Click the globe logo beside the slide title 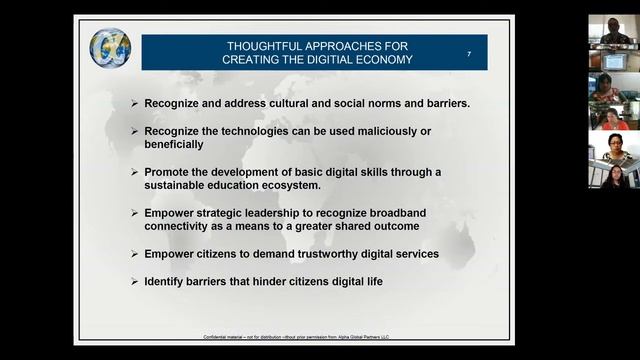pos(110,47)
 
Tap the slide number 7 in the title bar pos(469,53)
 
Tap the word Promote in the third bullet pos(169,172)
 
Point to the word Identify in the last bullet pos(167,282)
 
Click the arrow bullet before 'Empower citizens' pos(135,254)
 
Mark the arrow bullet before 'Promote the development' pos(135,172)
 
